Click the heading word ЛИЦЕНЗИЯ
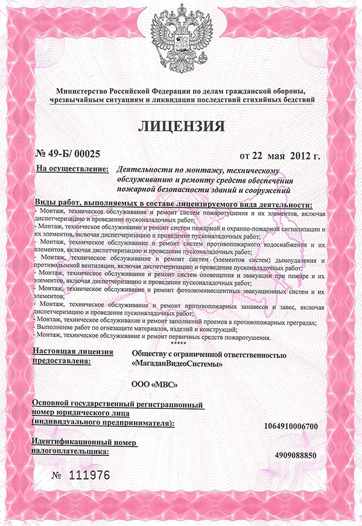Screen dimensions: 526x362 (181, 126)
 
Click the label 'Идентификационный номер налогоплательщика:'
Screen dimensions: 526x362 (84, 447)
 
